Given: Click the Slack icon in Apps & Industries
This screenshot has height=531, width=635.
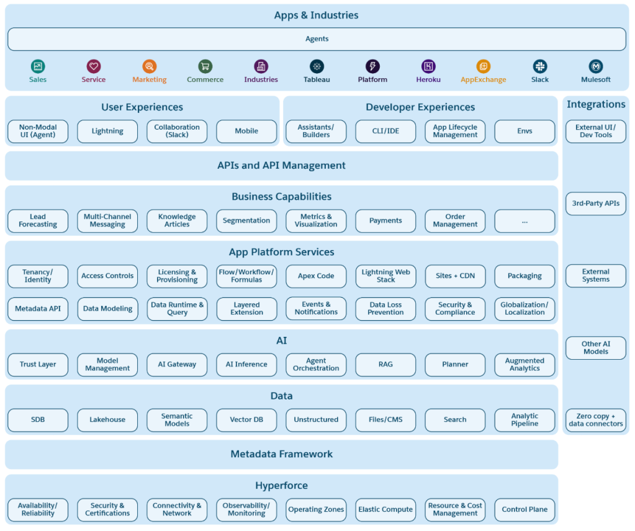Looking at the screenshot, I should (x=539, y=66).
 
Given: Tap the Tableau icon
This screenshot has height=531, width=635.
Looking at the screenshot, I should (x=317, y=66).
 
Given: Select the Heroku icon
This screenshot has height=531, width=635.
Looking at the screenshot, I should (x=428, y=66).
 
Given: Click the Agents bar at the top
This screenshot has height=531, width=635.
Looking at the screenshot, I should (x=317, y=39).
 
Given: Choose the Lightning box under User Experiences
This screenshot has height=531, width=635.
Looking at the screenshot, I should (x=107, y=132).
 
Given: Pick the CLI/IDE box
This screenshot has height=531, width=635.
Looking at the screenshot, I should (x=385, y=132).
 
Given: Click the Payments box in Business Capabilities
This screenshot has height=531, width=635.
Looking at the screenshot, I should (x=385, y=221).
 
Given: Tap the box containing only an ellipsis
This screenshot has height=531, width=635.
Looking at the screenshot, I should (x=525, y=221).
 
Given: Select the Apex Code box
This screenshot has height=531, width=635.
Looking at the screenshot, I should (x=316, y=276).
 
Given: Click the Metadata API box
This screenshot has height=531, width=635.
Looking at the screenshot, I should (x=38, y=309).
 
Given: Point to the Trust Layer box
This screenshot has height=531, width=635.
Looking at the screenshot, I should (x=38, y=365).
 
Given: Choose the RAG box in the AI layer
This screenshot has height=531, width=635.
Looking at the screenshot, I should (x=385, y=365).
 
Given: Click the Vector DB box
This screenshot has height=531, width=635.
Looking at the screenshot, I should (x=246, y=420).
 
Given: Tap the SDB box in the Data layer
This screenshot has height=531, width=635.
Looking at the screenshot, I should (x=38, y=420).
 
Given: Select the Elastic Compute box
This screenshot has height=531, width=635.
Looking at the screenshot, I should (x=385, y=510).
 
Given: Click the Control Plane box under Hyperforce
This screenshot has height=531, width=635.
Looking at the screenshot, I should (x=525, y=510).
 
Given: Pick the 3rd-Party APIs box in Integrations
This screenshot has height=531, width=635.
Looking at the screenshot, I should (x=595, y=203).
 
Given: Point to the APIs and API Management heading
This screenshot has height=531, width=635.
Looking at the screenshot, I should (x=281, y=166).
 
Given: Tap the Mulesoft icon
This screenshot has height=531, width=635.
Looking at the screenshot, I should (x=595, y=66).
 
